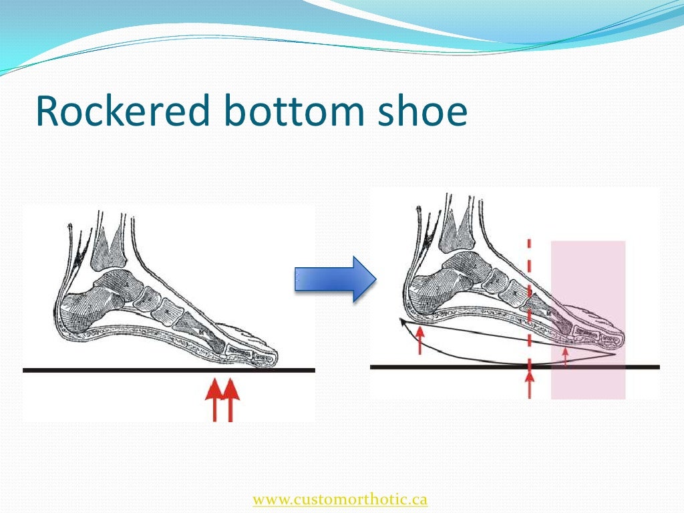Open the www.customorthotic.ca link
tap(340, 499)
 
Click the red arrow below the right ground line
tap(530, 385)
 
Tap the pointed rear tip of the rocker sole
tap(401, 321)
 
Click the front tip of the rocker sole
tap(612, 353)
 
